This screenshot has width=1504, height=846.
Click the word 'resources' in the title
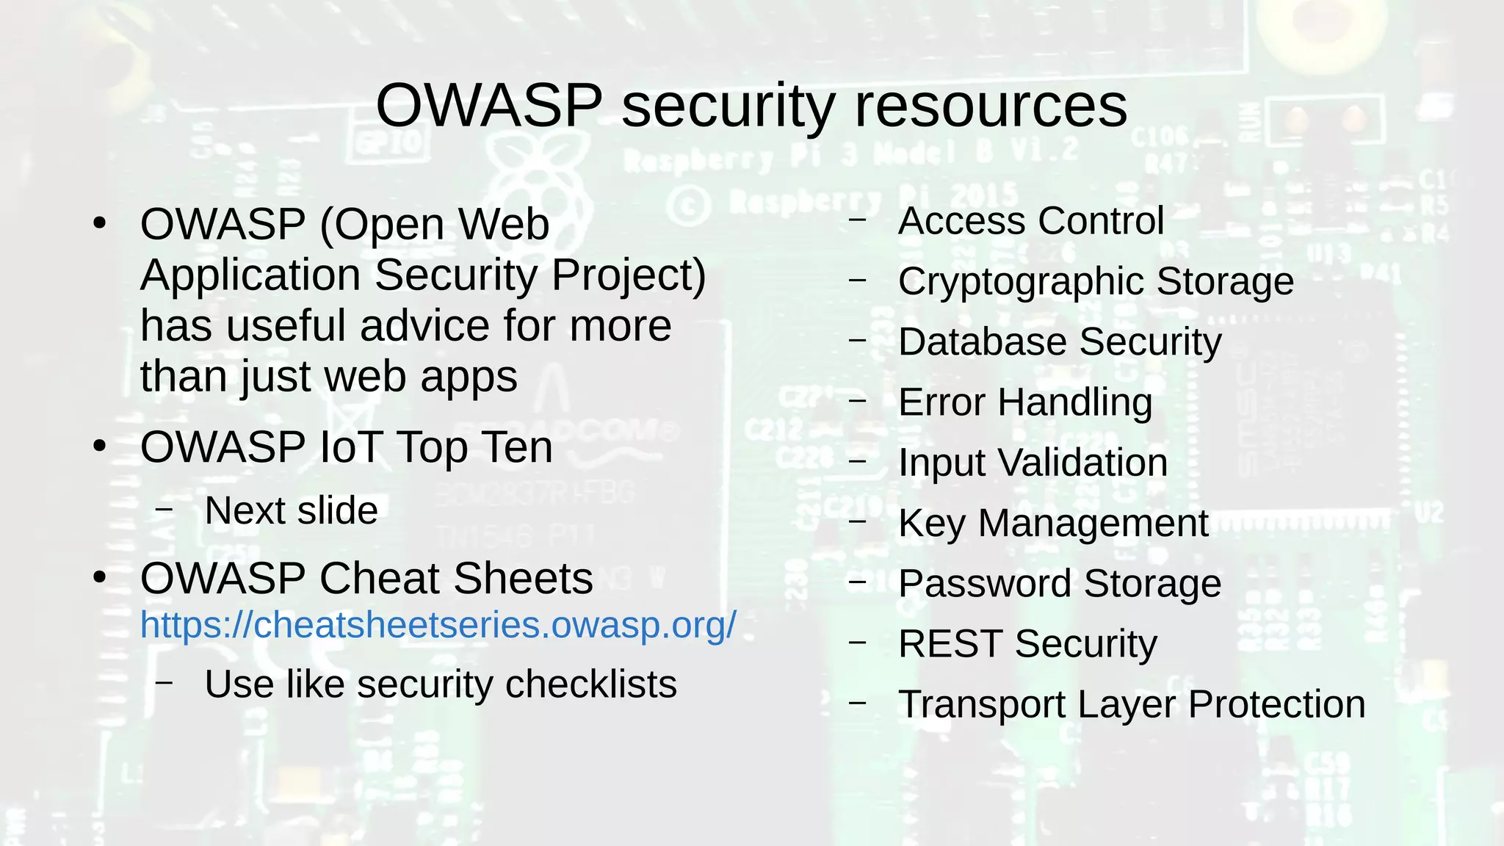point(991,106)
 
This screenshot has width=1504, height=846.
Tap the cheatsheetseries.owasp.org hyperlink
point(438,625)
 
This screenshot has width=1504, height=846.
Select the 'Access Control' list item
point(1030,220)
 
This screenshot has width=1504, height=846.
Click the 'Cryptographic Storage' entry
point(1095,281)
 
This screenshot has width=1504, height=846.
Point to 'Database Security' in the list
point(1059,341)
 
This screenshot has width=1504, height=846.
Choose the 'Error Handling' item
point(1024,402)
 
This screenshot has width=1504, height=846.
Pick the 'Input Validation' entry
point(1033,463)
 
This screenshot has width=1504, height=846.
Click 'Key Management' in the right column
point(1052,523)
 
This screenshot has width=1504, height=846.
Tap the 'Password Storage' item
point(1059,583)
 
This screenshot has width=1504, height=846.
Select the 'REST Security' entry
point(1027,643)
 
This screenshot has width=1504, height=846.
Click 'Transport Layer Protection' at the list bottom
point(1131,704)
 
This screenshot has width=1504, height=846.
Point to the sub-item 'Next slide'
point(291,510)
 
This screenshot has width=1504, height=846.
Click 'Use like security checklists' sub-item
point(440,684)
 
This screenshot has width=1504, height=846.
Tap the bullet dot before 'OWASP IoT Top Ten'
point(101,446)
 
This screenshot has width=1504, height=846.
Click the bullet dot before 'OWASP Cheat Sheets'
point(101,577)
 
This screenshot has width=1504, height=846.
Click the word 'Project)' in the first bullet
point(629,275)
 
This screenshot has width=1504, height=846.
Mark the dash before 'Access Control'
point(857,219)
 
